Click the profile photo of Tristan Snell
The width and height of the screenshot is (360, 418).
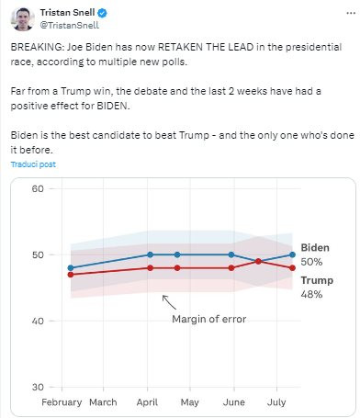pos(22,19)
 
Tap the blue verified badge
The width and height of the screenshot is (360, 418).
pos(102,13)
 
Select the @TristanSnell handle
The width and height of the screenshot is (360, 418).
pos(70,25)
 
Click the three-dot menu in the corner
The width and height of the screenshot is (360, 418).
pos(351,13)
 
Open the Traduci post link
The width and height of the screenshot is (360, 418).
pos(33,164)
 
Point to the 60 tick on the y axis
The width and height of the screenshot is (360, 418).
pos(38,188)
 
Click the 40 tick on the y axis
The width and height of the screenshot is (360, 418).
pos(38,321)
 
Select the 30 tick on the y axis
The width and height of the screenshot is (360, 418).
pos(38,387)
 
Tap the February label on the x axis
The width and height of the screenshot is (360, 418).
pos(62,402)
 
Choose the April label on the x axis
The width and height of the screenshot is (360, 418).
pos(147,402)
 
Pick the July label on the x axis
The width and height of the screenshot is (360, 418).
pos(276,402)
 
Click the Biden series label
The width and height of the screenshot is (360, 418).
pos(315,247)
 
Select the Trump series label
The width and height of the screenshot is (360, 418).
pos(317,280)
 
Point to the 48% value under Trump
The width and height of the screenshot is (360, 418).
pos(311,294)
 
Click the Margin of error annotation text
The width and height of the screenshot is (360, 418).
pos(209,319)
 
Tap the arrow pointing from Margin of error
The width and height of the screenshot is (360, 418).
pos(169,302)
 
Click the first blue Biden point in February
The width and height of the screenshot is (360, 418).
pos(71,268)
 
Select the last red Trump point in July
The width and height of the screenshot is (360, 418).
pos(292,268)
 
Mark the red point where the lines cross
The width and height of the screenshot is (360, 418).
pos(258,261)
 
